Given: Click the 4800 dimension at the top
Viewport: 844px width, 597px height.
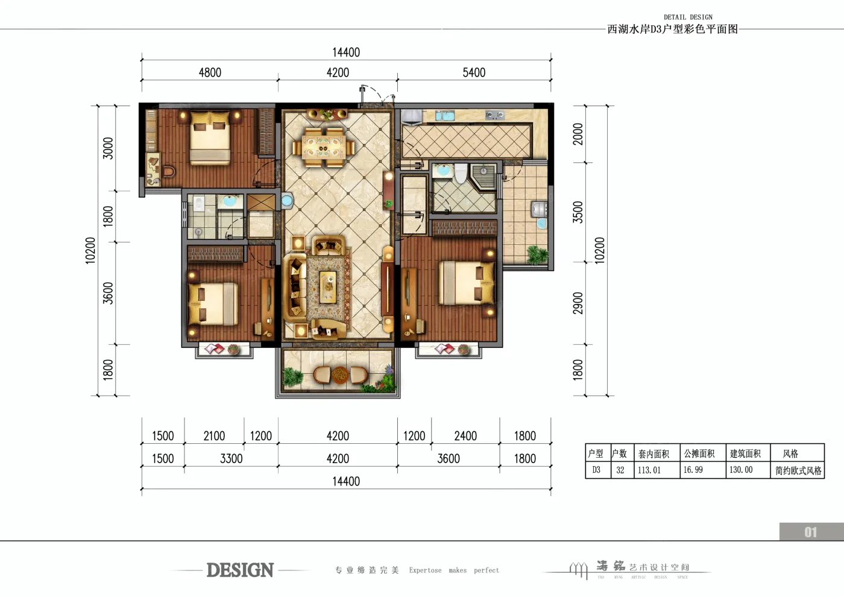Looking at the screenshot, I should point(210,72).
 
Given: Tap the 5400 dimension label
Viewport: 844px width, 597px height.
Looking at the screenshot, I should point(474,72).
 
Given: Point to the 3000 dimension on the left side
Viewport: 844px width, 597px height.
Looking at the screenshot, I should point(108,148).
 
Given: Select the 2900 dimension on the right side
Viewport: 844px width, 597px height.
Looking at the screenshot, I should point(578,303).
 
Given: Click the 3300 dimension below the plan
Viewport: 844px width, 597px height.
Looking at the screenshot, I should point(231,458).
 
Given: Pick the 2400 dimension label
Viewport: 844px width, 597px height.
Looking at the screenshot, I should point(465,435).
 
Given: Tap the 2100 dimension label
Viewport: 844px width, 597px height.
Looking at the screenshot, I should point(214,435).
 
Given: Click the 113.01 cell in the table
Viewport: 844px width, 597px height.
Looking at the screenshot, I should point(649,470).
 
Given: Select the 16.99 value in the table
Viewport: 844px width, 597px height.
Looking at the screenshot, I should point(693,470).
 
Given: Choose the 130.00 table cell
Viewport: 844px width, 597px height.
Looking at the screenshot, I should point(741,470).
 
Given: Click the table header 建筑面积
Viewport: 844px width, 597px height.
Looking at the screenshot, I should point(745,453).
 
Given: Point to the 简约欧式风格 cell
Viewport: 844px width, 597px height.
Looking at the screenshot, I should point(798,470).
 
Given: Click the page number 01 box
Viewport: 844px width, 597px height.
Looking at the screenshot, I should point(811,532).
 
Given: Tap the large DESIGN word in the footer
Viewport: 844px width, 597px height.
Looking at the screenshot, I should point(240,570).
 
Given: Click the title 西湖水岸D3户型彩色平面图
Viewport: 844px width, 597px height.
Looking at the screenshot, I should point(672,29).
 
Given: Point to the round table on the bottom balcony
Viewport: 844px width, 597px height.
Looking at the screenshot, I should point(340,375).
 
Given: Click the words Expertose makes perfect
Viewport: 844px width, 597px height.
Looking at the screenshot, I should point(454,570).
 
